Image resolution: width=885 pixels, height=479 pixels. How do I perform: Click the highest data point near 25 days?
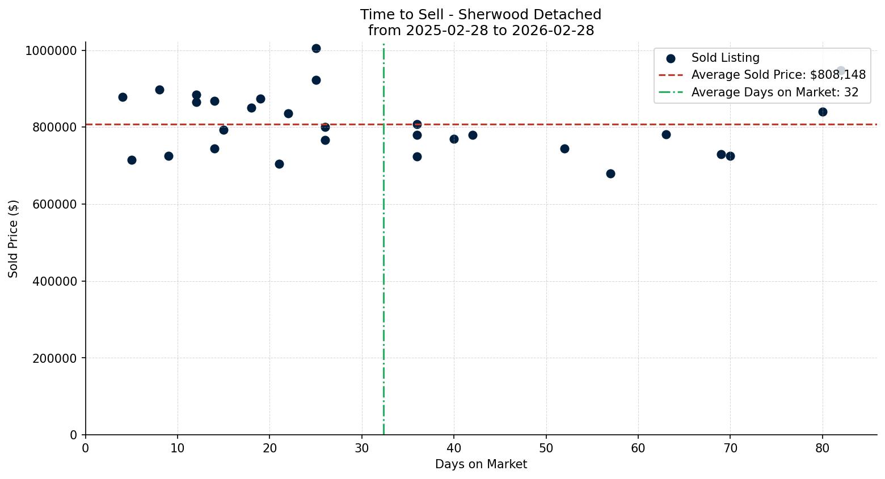(x=316, y=49)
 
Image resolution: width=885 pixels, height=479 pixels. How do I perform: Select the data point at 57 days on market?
(x=610, y=173)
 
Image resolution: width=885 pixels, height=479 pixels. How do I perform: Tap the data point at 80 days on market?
(x=823, y=112)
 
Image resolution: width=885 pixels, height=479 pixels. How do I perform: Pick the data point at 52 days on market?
(x=564, y=149)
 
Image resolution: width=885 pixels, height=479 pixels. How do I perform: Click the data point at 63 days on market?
(x=666, y=134)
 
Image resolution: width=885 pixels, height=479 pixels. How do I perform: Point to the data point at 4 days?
(x=123, y=97)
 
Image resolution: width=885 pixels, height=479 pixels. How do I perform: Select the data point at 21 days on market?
(x=279, y=164)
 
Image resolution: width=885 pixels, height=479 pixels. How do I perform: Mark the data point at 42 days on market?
(x=473, y=135)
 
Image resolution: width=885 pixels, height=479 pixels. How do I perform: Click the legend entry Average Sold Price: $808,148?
(x=778, y=75)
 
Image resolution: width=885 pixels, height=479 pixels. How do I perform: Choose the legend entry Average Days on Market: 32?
(x=774, y=92)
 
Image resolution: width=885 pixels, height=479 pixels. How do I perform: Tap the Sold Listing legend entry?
(x=725, y=58)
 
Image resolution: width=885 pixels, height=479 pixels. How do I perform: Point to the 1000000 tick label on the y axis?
(x=51, y=50)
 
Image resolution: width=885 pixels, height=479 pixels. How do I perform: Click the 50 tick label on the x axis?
(x=546, y=448)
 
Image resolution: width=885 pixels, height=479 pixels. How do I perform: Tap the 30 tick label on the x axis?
(x=362, y=448)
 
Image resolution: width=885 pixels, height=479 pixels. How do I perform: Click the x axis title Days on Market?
(x=481, y=464)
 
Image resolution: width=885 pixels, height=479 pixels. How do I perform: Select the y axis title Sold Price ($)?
(x=13, y=239)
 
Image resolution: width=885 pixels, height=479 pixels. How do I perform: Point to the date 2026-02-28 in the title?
(x=553, y=31)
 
